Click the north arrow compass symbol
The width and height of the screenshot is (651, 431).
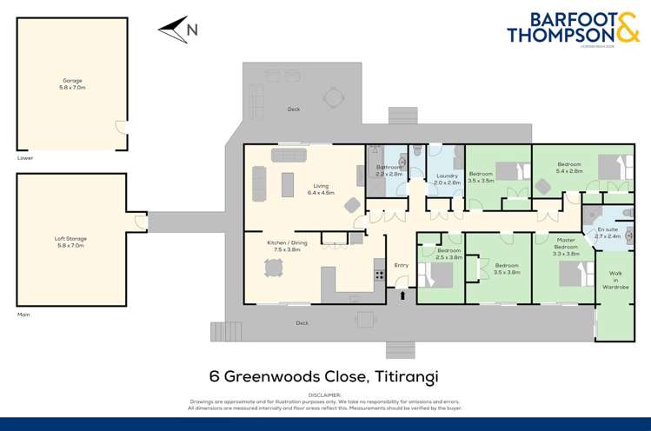coord(177,30)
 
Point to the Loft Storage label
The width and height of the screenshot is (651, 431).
coord(71,241)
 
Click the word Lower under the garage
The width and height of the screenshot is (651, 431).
coord(25,158)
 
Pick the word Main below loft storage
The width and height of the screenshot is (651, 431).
coord(23,314)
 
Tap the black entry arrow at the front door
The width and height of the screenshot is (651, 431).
coord(402,296)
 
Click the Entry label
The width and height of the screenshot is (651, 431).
coord(401,265)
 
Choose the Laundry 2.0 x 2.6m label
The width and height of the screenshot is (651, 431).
coord(447,179)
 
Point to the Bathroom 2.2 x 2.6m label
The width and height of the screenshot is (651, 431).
coord(389,170)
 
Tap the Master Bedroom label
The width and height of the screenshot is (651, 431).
coord(566,248)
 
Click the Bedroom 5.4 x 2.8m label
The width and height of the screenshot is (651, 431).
coord(569,168)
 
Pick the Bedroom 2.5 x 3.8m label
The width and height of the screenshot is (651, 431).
coord(448,254)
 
